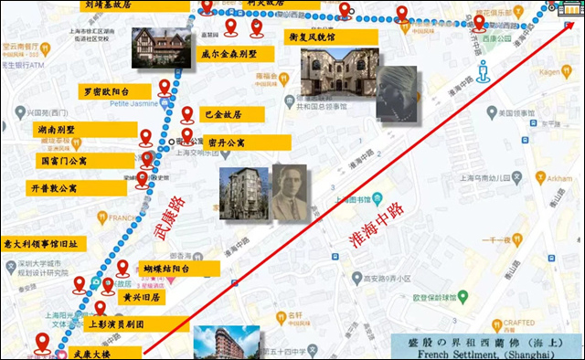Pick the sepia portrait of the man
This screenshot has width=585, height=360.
289,192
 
